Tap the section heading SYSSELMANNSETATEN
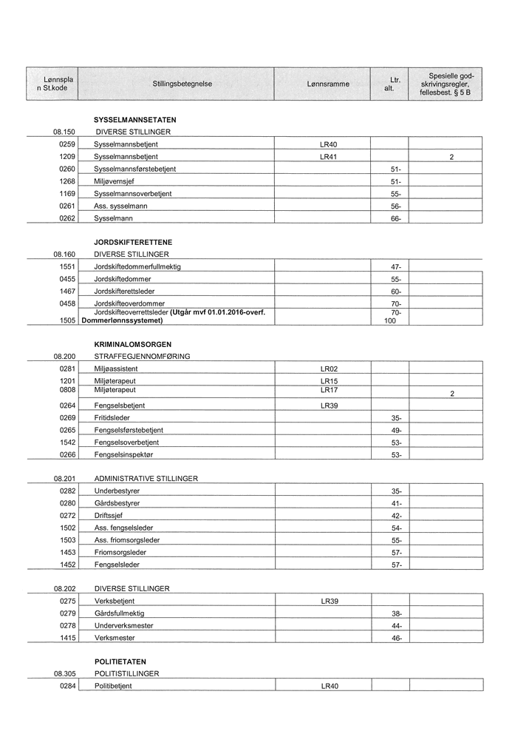[x=135, y=119]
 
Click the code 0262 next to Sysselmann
[x=68, y=218]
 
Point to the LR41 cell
[x=329, y=157]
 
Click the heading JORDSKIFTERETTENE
[x=133, y=242]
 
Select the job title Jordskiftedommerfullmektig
[x=137, y=266]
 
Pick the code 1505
[x=68, y=320]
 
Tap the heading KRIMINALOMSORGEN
[x=133, y=344]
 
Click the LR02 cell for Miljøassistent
[x=329, y=368]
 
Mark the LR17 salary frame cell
[x=329, y=389]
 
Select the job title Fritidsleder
[x=112, y=418]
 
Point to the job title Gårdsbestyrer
[x=117, y=503]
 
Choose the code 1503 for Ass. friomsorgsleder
[x=68, y=540]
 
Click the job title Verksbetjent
[x=115, y=602]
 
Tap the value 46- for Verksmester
[x=397, y=638]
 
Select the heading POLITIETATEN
[x=120, y=662]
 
